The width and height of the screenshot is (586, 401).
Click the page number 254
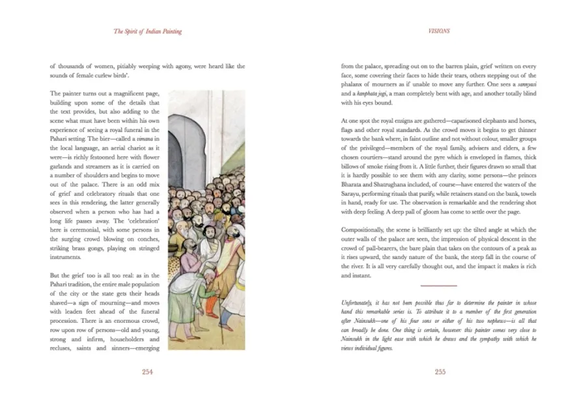click(146, 372)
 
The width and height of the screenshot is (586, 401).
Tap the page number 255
click(439, 372)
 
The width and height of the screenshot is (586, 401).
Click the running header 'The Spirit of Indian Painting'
click(147, 31)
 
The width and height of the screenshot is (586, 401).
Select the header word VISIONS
click(439, 31)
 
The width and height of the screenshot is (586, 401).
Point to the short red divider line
click(439, 286)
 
